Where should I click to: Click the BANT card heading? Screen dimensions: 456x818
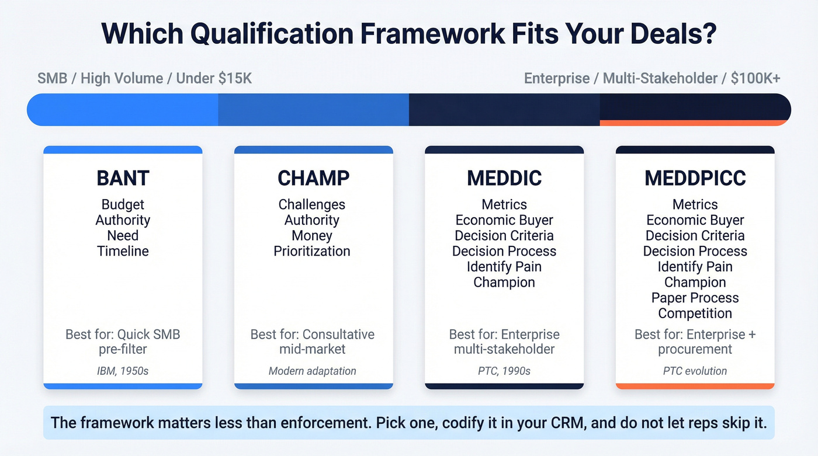[x=123, y=178]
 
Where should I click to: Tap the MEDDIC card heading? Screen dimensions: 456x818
[x=504, y=178]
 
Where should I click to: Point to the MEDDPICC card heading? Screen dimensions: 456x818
[x=695, y=178]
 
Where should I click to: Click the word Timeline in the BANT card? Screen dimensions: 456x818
[x=123, y=251]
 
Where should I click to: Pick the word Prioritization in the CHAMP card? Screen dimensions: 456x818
[x=312, y=251]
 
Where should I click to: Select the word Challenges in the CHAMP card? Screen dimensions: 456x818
[x=312, y=204]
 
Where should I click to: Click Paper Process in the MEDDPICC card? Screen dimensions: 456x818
[x=695, y=298]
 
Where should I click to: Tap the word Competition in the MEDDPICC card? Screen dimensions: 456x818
[x=695, y=314]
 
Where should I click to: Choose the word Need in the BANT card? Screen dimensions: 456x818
[x=123, y=235]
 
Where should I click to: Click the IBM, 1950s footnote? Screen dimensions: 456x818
[x=123, y=371]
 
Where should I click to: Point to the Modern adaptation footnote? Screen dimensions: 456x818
[x=312, y=371]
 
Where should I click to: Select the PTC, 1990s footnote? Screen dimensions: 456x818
[x=504, y=371]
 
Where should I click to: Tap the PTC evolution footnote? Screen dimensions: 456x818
[x=695, y=371]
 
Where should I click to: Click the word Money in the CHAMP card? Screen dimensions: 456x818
[x=312, y=235]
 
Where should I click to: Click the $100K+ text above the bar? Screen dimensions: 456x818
[x=755, y=78]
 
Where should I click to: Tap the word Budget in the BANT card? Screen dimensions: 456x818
[x=123, y=204]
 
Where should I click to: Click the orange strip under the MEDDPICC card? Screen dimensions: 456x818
[x=695, y=386]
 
